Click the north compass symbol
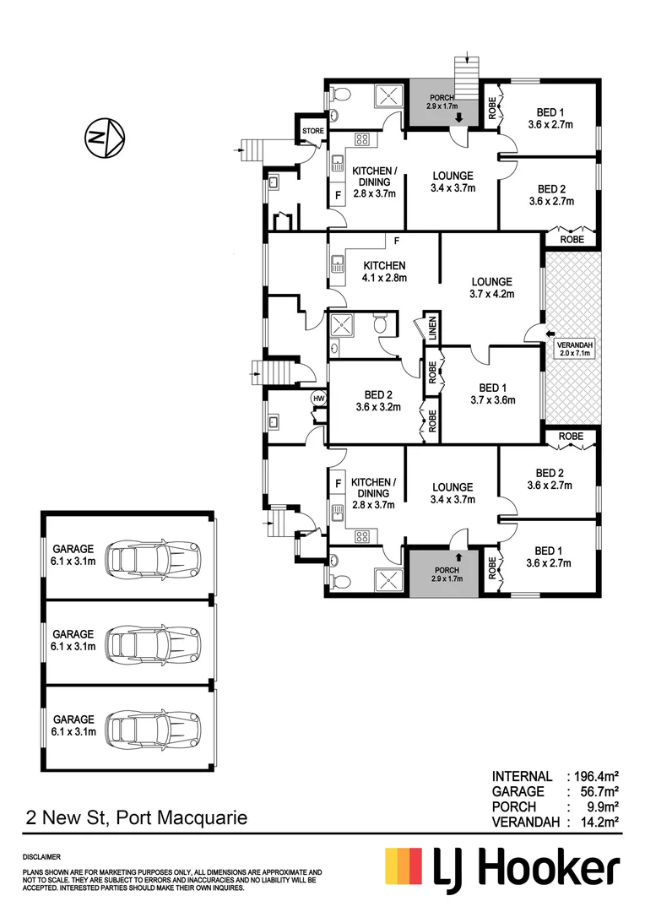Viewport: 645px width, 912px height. tap(105, 136)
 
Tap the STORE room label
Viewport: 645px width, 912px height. tap(313, 131)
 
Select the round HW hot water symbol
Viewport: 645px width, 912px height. tap(319, 398)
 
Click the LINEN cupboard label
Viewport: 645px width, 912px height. tap(432, 326)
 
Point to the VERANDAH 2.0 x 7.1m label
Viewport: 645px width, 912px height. tap(574, 350)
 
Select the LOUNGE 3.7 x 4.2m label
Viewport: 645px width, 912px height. tap(491, 288)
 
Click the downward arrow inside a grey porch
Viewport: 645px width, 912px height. tap(458, 118)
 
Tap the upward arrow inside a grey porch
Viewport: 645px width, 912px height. tap(458, 557)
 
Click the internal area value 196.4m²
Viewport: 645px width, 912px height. tap(597, 776)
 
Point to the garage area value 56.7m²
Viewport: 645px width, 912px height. tap(597, 791)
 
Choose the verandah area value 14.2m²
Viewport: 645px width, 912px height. tap(597, 822)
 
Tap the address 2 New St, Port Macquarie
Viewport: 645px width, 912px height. tap(135, 817)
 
